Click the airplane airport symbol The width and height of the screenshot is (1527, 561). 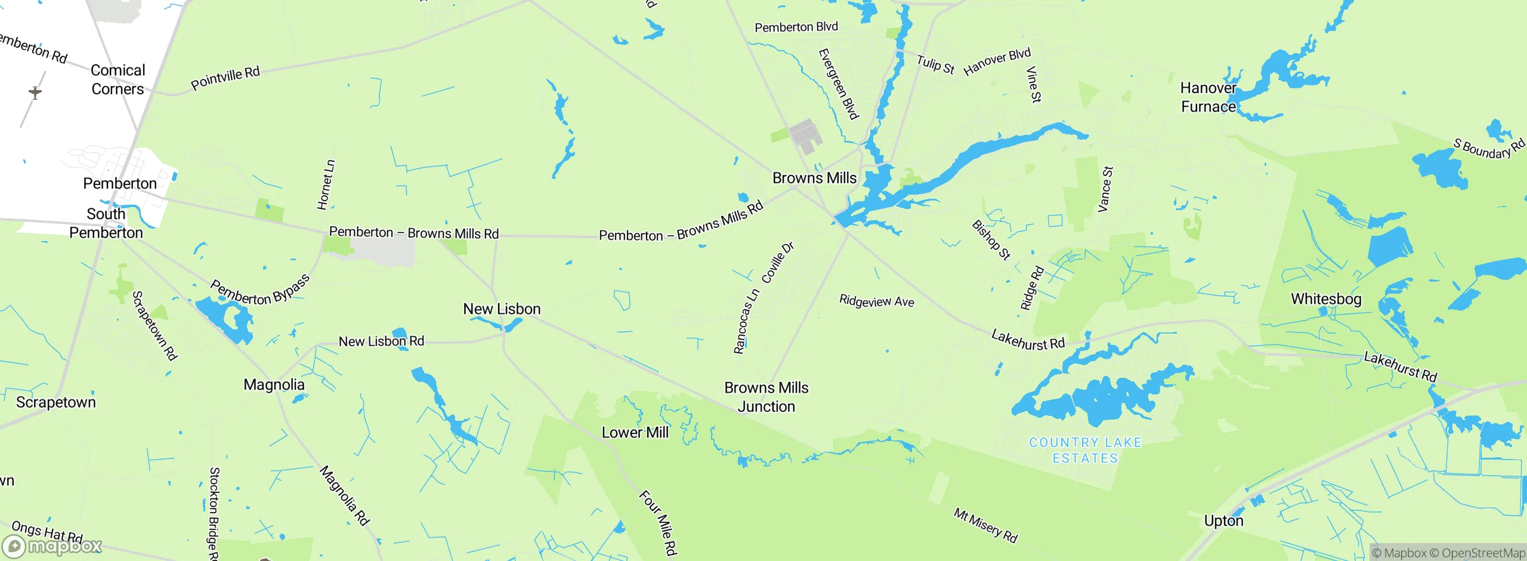[x=35, y=93]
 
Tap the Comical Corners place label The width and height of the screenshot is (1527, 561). [x=118, y=79]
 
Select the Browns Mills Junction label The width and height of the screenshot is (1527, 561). [x=766, y=397]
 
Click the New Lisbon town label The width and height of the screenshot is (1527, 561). [x=502, y=309]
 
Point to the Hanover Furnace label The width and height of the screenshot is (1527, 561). [x=1208, y=97]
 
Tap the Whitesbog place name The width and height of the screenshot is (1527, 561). [x=1325, y=298]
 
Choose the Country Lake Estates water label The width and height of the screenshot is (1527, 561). [x=1085, y=450]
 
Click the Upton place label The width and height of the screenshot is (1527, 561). [x=1223, y=520]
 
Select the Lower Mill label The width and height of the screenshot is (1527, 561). [x=635, y=432]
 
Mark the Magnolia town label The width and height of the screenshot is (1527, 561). [x=274, y=384]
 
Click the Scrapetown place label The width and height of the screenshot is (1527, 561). [x=55, y=402]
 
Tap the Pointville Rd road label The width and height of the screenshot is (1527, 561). [x=225, y=78]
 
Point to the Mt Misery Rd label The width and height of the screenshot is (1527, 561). [x=985, y=525]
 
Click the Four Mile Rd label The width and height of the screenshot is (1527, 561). [x=659, y=523]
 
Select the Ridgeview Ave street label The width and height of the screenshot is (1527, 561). [x=876, y=301]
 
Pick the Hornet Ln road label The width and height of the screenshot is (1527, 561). [x=326, y=184]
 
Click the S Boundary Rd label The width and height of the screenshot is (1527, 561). [x=1488, y=149]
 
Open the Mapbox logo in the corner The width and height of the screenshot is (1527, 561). [x=52, y=545]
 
